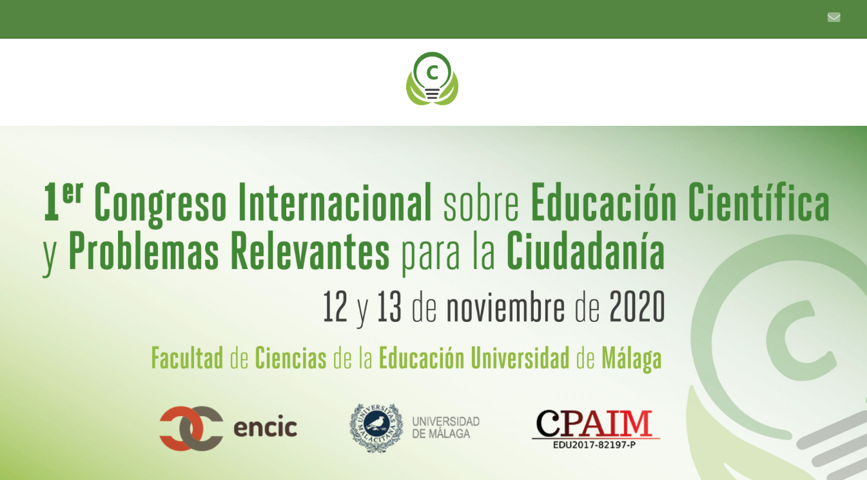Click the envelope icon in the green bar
(x=833, y=17)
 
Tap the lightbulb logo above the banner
(x=432, y=79)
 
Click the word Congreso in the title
(x=160, y=204)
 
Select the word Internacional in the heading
(x=335, y=202)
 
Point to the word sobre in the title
(x=481, y=204)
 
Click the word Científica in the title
(x=759, y=201)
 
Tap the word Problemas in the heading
(x=144, y=251)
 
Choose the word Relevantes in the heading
(x=309, y=251)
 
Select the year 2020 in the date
(x=637, y=307)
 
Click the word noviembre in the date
(x=505, y=307)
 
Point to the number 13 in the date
(x=389, y=307)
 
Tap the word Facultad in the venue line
(x=187, y=357)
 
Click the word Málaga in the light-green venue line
(x=632, y=359)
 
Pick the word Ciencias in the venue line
(x=291, y=357)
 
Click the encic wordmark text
(x=265, y=428)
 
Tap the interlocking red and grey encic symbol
(x=191, y=428)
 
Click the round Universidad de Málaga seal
(x=376, y=428)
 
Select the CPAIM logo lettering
(x=595, y=423)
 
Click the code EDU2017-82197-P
(x=594, y=445)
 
